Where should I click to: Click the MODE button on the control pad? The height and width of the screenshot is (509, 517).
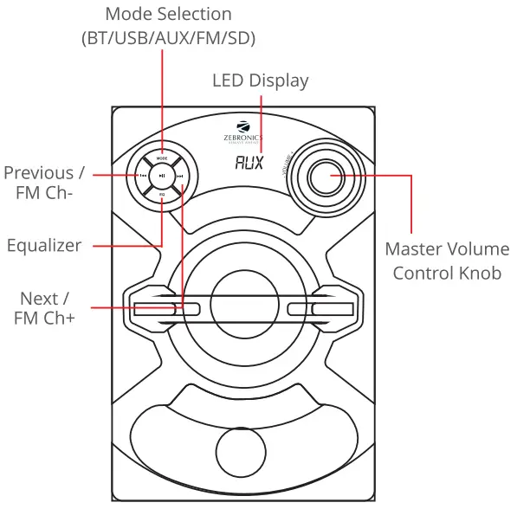162,158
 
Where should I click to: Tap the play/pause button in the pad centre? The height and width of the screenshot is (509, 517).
162,176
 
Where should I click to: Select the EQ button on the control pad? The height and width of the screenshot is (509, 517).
162,194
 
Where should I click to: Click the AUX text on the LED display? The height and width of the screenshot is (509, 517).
249,162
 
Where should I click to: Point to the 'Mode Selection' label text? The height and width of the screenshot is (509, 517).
168,15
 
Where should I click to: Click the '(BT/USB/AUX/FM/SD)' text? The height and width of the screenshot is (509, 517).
168,39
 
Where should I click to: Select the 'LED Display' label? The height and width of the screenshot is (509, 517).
260,81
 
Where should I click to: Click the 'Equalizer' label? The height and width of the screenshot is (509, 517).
44,245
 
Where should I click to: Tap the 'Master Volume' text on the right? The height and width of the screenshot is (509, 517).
447,249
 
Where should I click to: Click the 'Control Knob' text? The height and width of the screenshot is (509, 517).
447,273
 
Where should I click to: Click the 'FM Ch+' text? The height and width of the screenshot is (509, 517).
45,319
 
